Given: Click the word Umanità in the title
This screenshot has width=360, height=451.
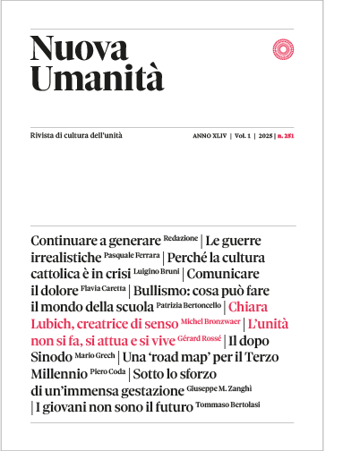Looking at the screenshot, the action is [98, 79].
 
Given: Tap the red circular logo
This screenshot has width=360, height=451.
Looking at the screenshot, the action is [283, 48].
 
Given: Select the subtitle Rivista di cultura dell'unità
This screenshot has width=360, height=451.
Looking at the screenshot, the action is [76, 135].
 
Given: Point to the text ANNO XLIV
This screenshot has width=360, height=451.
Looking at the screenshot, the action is [209, 136].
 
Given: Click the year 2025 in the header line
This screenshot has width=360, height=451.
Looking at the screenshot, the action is [266, 136].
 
